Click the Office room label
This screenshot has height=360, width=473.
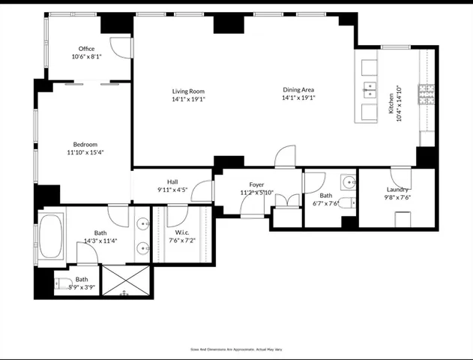tap(87, 49)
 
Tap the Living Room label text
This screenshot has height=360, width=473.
tap(188, 91)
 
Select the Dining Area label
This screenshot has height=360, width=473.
tap(298, 89)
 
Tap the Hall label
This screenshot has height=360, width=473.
tap(172, 181)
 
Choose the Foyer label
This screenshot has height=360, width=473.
tap(256, 184)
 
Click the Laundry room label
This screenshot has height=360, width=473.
tap(397, 190)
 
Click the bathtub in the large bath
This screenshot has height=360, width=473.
tap(51, 236)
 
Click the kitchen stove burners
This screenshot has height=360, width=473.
tap(426, 93)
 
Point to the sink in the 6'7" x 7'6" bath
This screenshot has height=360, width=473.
tap(349, 182)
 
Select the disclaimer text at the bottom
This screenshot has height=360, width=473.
tap(236, 349)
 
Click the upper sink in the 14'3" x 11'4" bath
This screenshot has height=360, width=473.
tap(143, 223)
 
